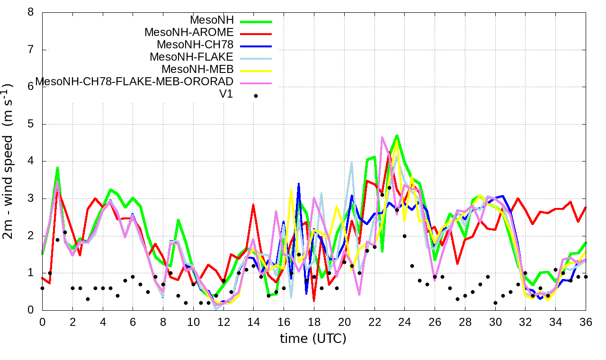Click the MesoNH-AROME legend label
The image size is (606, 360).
(x=189, y=33)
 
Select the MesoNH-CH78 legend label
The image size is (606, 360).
(x=195, y=45)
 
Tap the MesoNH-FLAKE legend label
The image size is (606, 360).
(x=192, y=57)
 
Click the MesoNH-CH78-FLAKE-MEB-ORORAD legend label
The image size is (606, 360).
(x=134, y=82)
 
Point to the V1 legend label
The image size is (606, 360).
(x=226, y=94)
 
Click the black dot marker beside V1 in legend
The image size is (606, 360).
(x=256, y=96)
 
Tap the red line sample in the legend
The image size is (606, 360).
(x=256, y=34)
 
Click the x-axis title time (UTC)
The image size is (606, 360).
(x=313, y=339)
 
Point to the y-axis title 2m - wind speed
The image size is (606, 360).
(x=9, y=161)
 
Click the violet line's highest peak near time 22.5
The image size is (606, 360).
(x=382, y=137)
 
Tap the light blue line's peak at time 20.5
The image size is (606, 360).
(x=352, y=162)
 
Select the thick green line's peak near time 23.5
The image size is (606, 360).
(x=397, y=135)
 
